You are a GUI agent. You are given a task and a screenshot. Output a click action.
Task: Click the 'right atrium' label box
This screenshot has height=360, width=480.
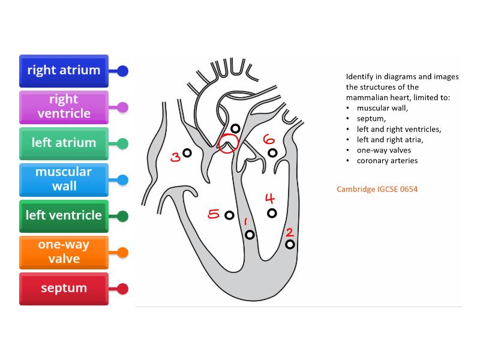tap(64, 70)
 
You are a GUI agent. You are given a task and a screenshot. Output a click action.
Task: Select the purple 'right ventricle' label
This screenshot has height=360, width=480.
tap(64, 106)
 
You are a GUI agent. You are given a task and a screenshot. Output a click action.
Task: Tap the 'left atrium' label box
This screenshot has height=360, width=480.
tap(64, 143)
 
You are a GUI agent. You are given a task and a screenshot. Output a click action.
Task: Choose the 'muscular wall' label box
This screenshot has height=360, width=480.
tap(64, 179)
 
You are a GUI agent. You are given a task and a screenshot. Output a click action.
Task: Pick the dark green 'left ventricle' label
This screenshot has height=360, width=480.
tap(64, 215)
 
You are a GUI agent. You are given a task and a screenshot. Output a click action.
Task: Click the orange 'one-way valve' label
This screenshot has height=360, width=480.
tap(64, 251)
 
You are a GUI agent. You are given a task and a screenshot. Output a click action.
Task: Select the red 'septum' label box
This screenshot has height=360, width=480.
tap(64, 288)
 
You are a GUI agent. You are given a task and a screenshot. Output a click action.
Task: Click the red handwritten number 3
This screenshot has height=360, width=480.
tap(175, 157)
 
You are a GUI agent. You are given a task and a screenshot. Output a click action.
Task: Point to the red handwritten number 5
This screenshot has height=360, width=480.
tap(214, 214)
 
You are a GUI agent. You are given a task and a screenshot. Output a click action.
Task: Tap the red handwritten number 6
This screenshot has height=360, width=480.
tap(268, 139)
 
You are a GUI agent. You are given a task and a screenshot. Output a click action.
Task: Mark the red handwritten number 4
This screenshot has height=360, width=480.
tap(270, 199)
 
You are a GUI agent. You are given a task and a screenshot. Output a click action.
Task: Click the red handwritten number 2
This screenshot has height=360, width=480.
tap(289, 232)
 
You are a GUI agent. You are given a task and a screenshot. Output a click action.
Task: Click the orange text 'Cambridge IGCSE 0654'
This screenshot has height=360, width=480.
tap(377, 189)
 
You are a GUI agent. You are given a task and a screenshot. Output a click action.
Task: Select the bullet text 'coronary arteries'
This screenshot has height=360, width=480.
tap(387, 160)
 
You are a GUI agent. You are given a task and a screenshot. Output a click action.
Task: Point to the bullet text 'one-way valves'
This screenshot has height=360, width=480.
tap(384, 150)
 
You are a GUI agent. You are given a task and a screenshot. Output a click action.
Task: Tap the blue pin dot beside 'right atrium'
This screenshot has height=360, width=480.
tap(123, 71)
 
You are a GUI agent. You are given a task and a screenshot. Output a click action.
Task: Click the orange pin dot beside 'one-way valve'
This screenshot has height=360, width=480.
tap(123, 253)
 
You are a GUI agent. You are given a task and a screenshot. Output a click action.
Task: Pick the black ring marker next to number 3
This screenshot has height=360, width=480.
tap(187, 154)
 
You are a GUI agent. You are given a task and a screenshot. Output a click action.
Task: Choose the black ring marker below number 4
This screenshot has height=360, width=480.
tap(272, 213)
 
